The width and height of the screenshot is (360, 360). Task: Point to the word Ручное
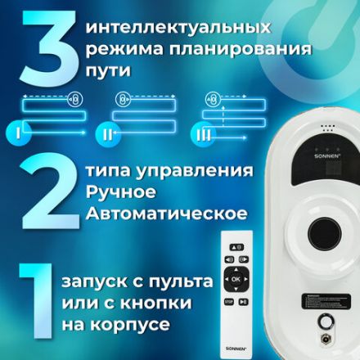120,195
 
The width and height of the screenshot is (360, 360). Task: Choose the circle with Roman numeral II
109,132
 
